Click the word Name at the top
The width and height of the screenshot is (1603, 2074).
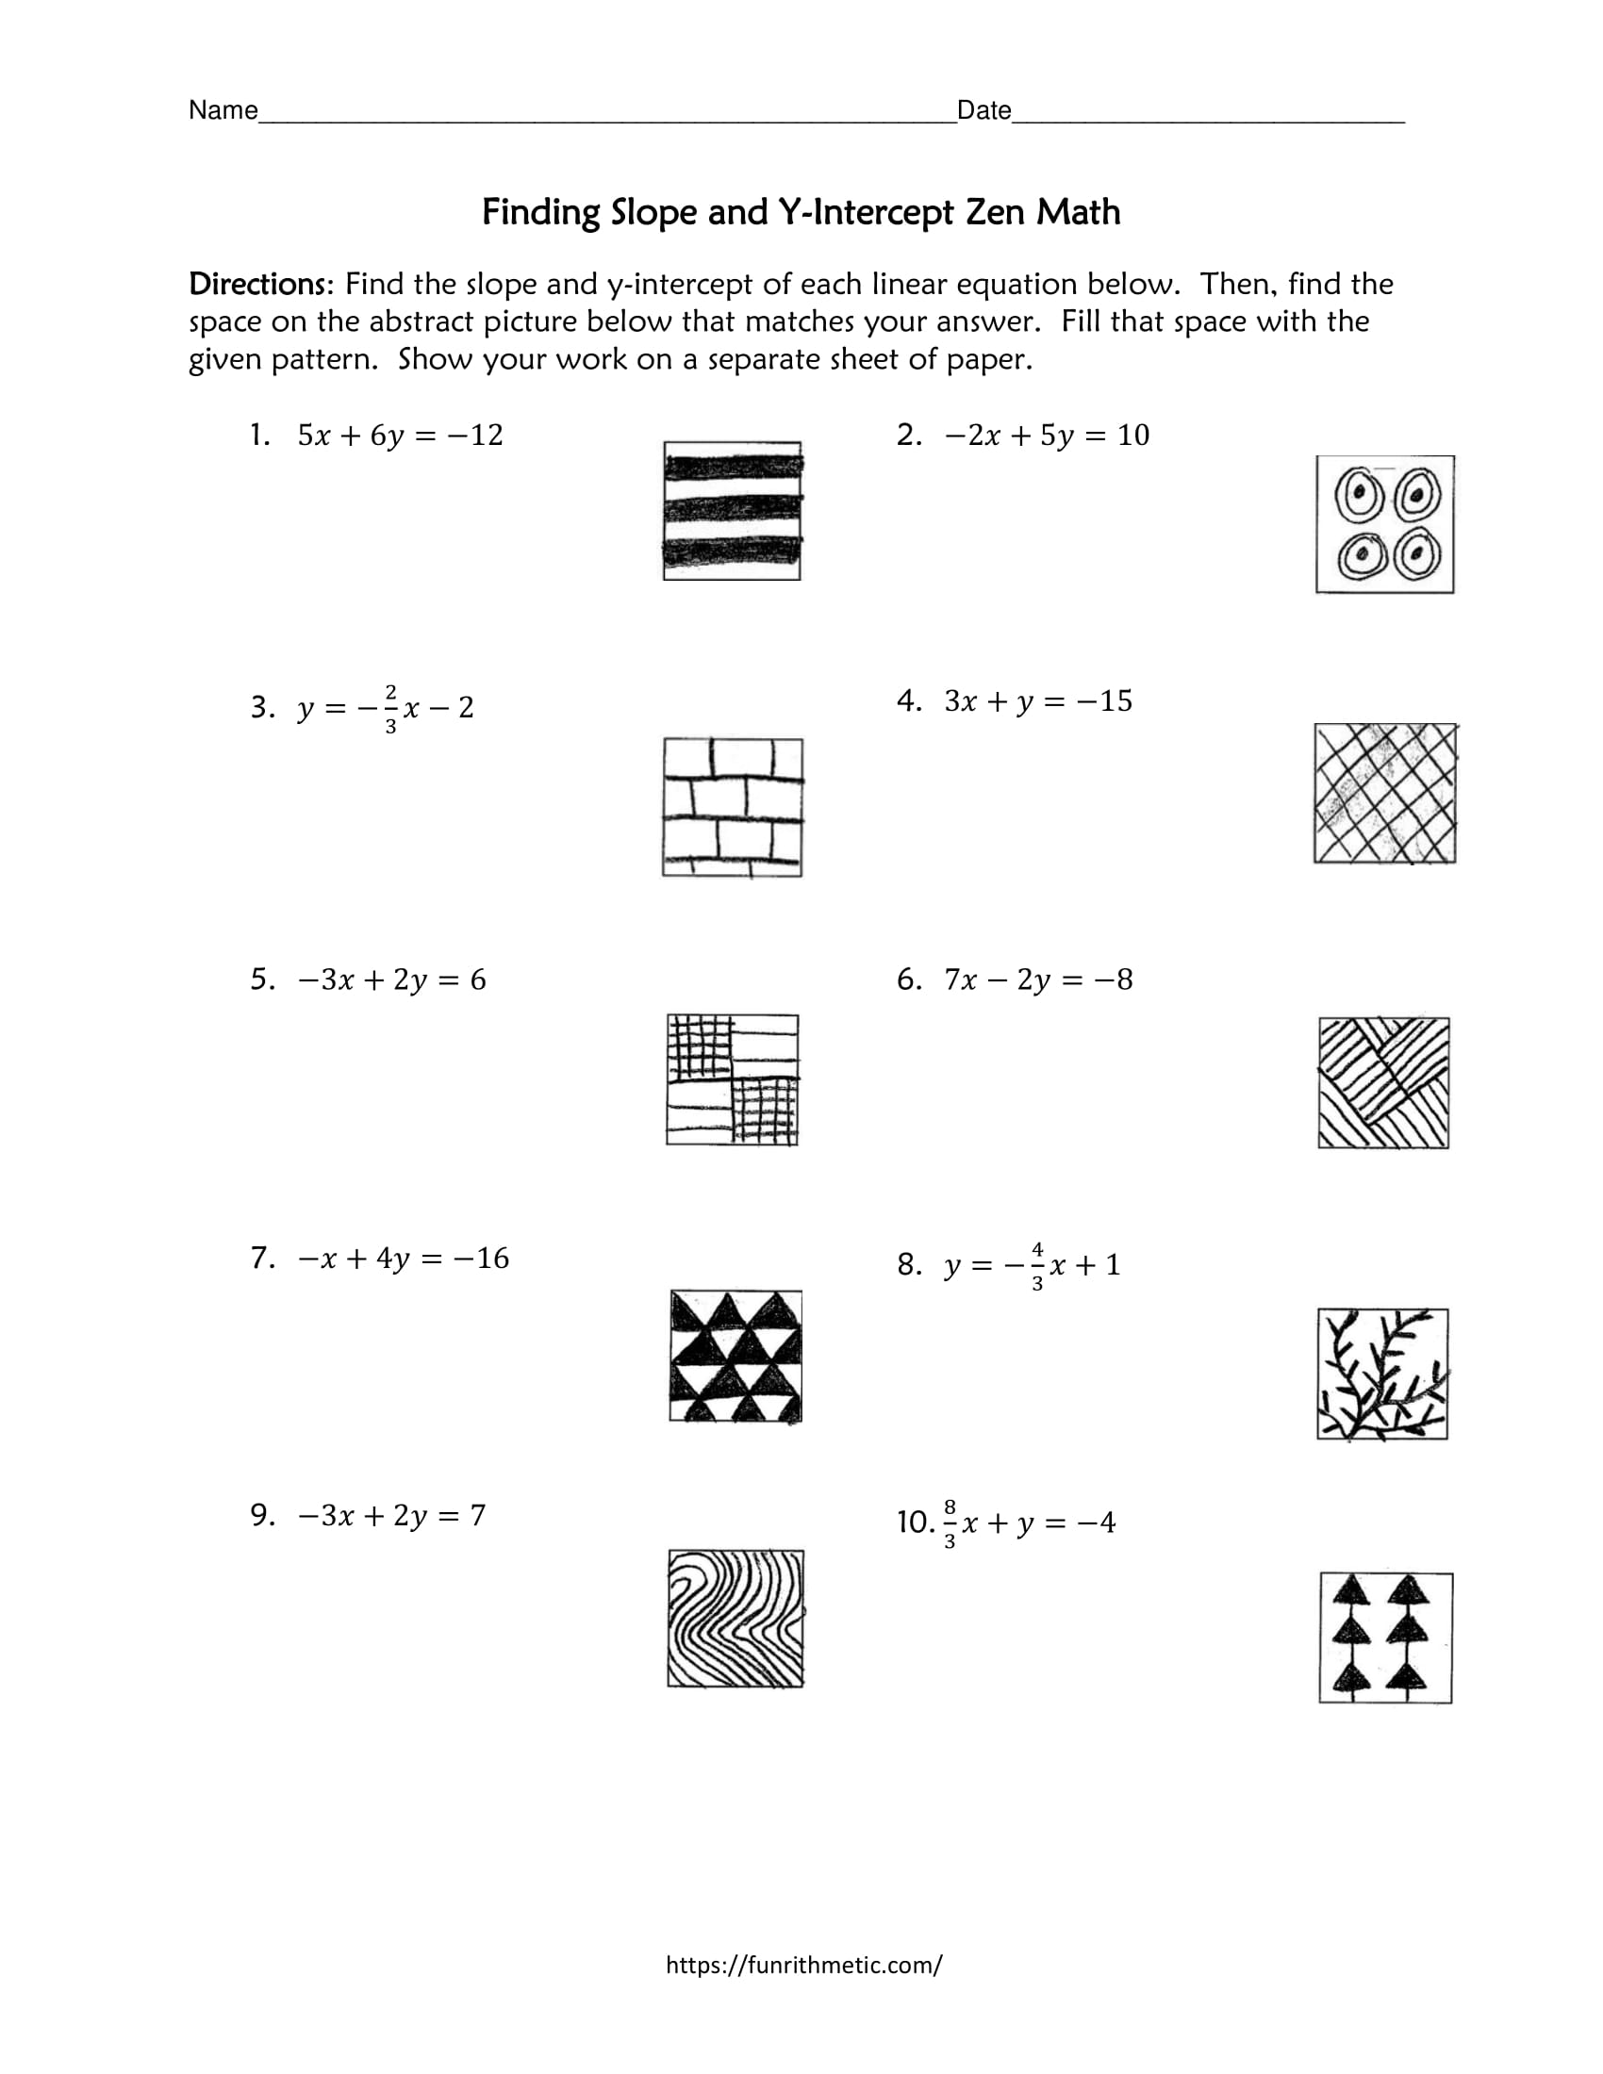click(223, 110)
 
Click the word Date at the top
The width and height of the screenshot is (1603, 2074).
click(983, 110)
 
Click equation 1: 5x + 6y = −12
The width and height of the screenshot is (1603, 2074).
click(400, 435)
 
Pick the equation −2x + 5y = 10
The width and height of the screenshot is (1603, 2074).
click(1047, 435)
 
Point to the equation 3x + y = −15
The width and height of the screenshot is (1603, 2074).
click(1038, 700)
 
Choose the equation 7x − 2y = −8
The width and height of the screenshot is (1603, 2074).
click(1038, 979)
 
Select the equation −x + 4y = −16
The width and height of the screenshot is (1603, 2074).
click(404, 1259)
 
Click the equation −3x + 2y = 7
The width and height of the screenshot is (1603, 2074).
click(391, 1515)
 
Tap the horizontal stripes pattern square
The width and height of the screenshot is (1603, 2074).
click(732, 511)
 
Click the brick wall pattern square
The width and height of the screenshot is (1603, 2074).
click(732, 807)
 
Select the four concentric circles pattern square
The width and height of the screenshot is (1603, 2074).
click(1384, 524)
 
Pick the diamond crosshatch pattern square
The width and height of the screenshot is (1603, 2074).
click(1384, 793)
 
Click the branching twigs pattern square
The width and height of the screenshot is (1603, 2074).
click(1382, 1374)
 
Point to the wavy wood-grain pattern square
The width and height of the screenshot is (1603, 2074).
click(735, 1618)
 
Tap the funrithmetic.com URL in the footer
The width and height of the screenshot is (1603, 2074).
click(803, 1965)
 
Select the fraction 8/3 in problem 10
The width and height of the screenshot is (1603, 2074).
click(950, 1523)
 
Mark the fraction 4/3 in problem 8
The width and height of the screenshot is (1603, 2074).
click(1037, 1266)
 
